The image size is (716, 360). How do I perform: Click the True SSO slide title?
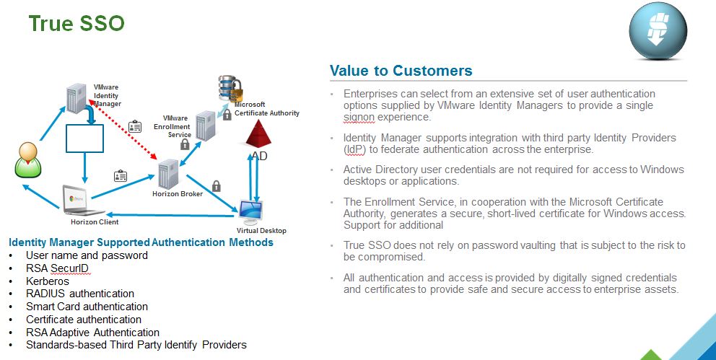tap(77, 23)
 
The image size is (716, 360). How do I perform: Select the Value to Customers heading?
tap(401, 71)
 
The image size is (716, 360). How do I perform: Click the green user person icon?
tap(26, 160)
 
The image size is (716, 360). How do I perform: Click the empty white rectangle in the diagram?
tap(84, 138)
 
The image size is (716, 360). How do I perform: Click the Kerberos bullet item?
tap(48, 281)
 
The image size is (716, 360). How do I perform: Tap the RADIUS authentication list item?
tap(80, 294)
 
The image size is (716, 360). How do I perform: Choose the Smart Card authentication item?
tap(87, 307)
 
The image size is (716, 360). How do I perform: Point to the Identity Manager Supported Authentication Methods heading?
tap(141, 242)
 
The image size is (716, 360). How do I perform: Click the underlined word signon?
tap(359, 117)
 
